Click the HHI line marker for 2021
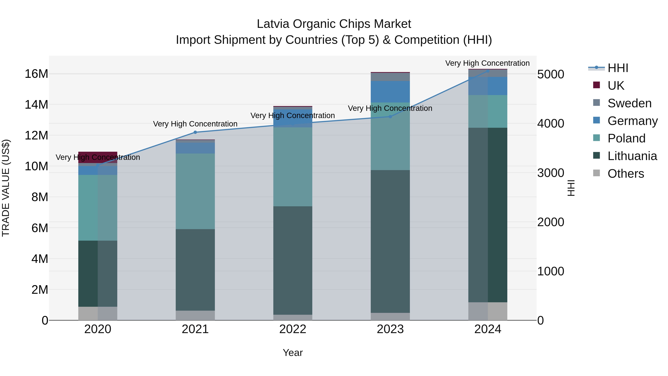tap(195, 132)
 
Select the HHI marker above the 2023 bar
tap(390, 116)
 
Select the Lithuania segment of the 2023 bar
tap(390, 241)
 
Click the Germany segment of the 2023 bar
tap(390, 92)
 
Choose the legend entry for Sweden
tap(629, 103)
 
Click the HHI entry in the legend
tap(618, 68)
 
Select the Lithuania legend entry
tap(632, 156)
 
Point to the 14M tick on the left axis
tap(36, 105)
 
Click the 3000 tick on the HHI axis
tap(551, 173)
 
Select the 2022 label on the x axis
tap(293, 329)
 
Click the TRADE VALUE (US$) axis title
tap(6, 188)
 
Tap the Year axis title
tap(293, 353)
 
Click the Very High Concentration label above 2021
tap(195, 124)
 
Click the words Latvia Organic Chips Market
tap(334, 24)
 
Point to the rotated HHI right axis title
tap(571, 188)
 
